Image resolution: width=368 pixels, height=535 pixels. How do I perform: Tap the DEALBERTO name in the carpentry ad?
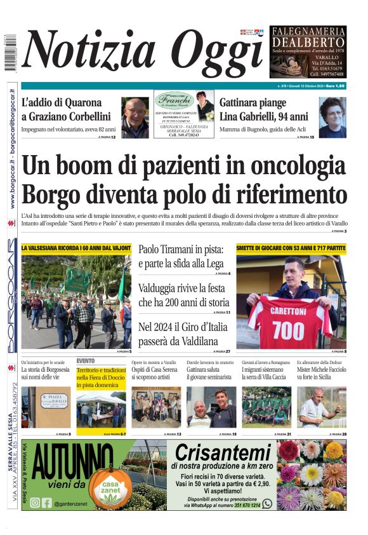point(308,41)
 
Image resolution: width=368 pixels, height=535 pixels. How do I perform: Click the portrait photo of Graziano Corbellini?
point(135,118)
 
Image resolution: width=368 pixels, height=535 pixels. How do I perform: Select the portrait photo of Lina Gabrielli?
point(332,118)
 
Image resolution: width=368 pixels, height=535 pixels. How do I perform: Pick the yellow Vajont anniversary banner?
point(76,247)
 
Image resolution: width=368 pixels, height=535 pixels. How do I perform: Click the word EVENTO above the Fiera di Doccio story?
point(86,360)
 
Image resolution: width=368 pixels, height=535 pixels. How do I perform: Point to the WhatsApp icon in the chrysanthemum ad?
point(266,503)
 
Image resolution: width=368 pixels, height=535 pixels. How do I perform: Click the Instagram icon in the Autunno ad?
point(35,503)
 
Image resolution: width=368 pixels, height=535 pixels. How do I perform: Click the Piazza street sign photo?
point(46,407)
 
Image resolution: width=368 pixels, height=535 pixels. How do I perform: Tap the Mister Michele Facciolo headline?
point(321,373)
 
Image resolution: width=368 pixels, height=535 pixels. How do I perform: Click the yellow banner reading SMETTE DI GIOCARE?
point(291,247)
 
